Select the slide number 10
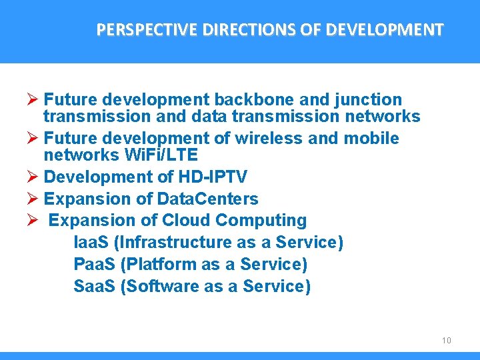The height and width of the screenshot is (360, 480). (446, 341)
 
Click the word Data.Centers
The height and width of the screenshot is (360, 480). (207, 199)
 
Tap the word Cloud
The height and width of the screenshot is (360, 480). (186, 221)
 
